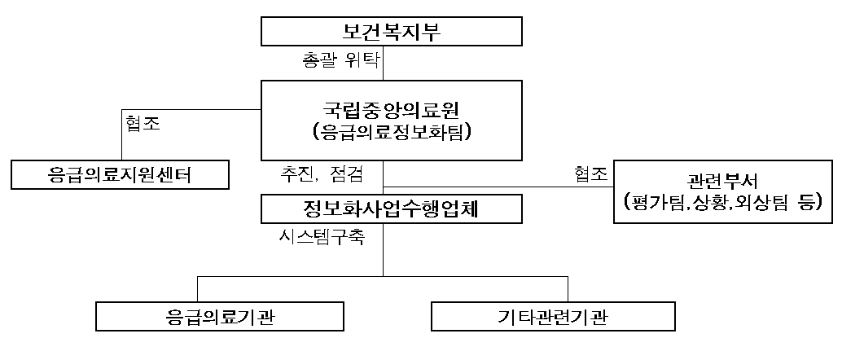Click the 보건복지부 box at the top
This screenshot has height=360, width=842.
pyautogui.click(x=392, y=31)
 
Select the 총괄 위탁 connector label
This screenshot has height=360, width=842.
pyautogui.click(x=341, y=59)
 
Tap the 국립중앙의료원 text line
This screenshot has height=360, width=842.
pyautogui.click(x=390, y=111)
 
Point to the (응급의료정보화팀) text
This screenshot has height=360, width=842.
pyautogui.click(x=391, y=133)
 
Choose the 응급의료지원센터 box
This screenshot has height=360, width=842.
pyautogui.click(x=120, y=174)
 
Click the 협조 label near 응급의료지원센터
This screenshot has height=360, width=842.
pyautogui.click(x=143, y=123)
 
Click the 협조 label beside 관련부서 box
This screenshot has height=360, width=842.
pyautogui.click(x=590, y=174)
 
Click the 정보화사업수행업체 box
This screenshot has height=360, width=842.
pyautogui.click(x=392, y=209)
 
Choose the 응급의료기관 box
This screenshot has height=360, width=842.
pyautogui.click(x=220, y=316)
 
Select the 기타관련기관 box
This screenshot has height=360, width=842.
pyautogui.click(x=553, y=316)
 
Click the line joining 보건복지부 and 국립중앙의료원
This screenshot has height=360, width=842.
pyautogui.click(x=384, y=64)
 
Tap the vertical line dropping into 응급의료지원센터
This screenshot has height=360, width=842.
pyautogui.click(x=122, y=135)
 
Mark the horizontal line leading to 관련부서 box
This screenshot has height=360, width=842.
pyautogui.click(x=498, y=187)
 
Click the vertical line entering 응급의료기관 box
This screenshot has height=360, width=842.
pyautogui.click(x=198, y=289)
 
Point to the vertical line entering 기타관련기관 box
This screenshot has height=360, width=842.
pyautogui.click(x=568, y=289)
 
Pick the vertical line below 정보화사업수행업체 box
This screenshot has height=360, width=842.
pyautogui.click(x=384, y=250)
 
